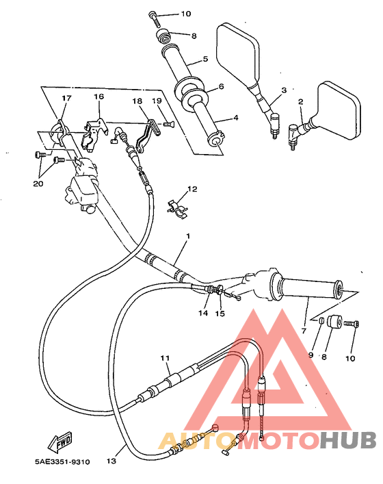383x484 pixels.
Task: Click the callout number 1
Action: [x=187, y=235]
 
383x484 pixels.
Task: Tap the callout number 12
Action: [x=192, y=189]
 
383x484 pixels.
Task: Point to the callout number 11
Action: [x=164, y=358]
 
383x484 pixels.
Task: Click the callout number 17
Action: [x=66, y=99]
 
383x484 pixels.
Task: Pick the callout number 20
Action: [x=38, y=184]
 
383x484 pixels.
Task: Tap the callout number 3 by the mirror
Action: [x=283, y=90]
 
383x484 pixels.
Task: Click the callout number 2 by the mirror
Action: [x=300, y=102]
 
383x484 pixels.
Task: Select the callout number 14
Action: [x=203, y=314]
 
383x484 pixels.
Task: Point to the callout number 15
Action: [x=220, y=314]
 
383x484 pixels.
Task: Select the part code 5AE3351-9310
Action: [x=63, y=462]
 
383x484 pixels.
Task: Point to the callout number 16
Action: [x=98, y=98]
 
